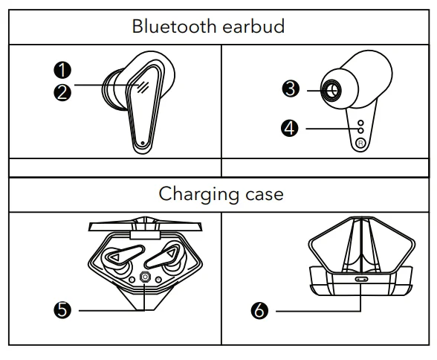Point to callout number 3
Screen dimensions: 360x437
point(291,89)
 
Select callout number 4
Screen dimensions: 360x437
point(291,128)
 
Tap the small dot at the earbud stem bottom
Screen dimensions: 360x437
point(142,142)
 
